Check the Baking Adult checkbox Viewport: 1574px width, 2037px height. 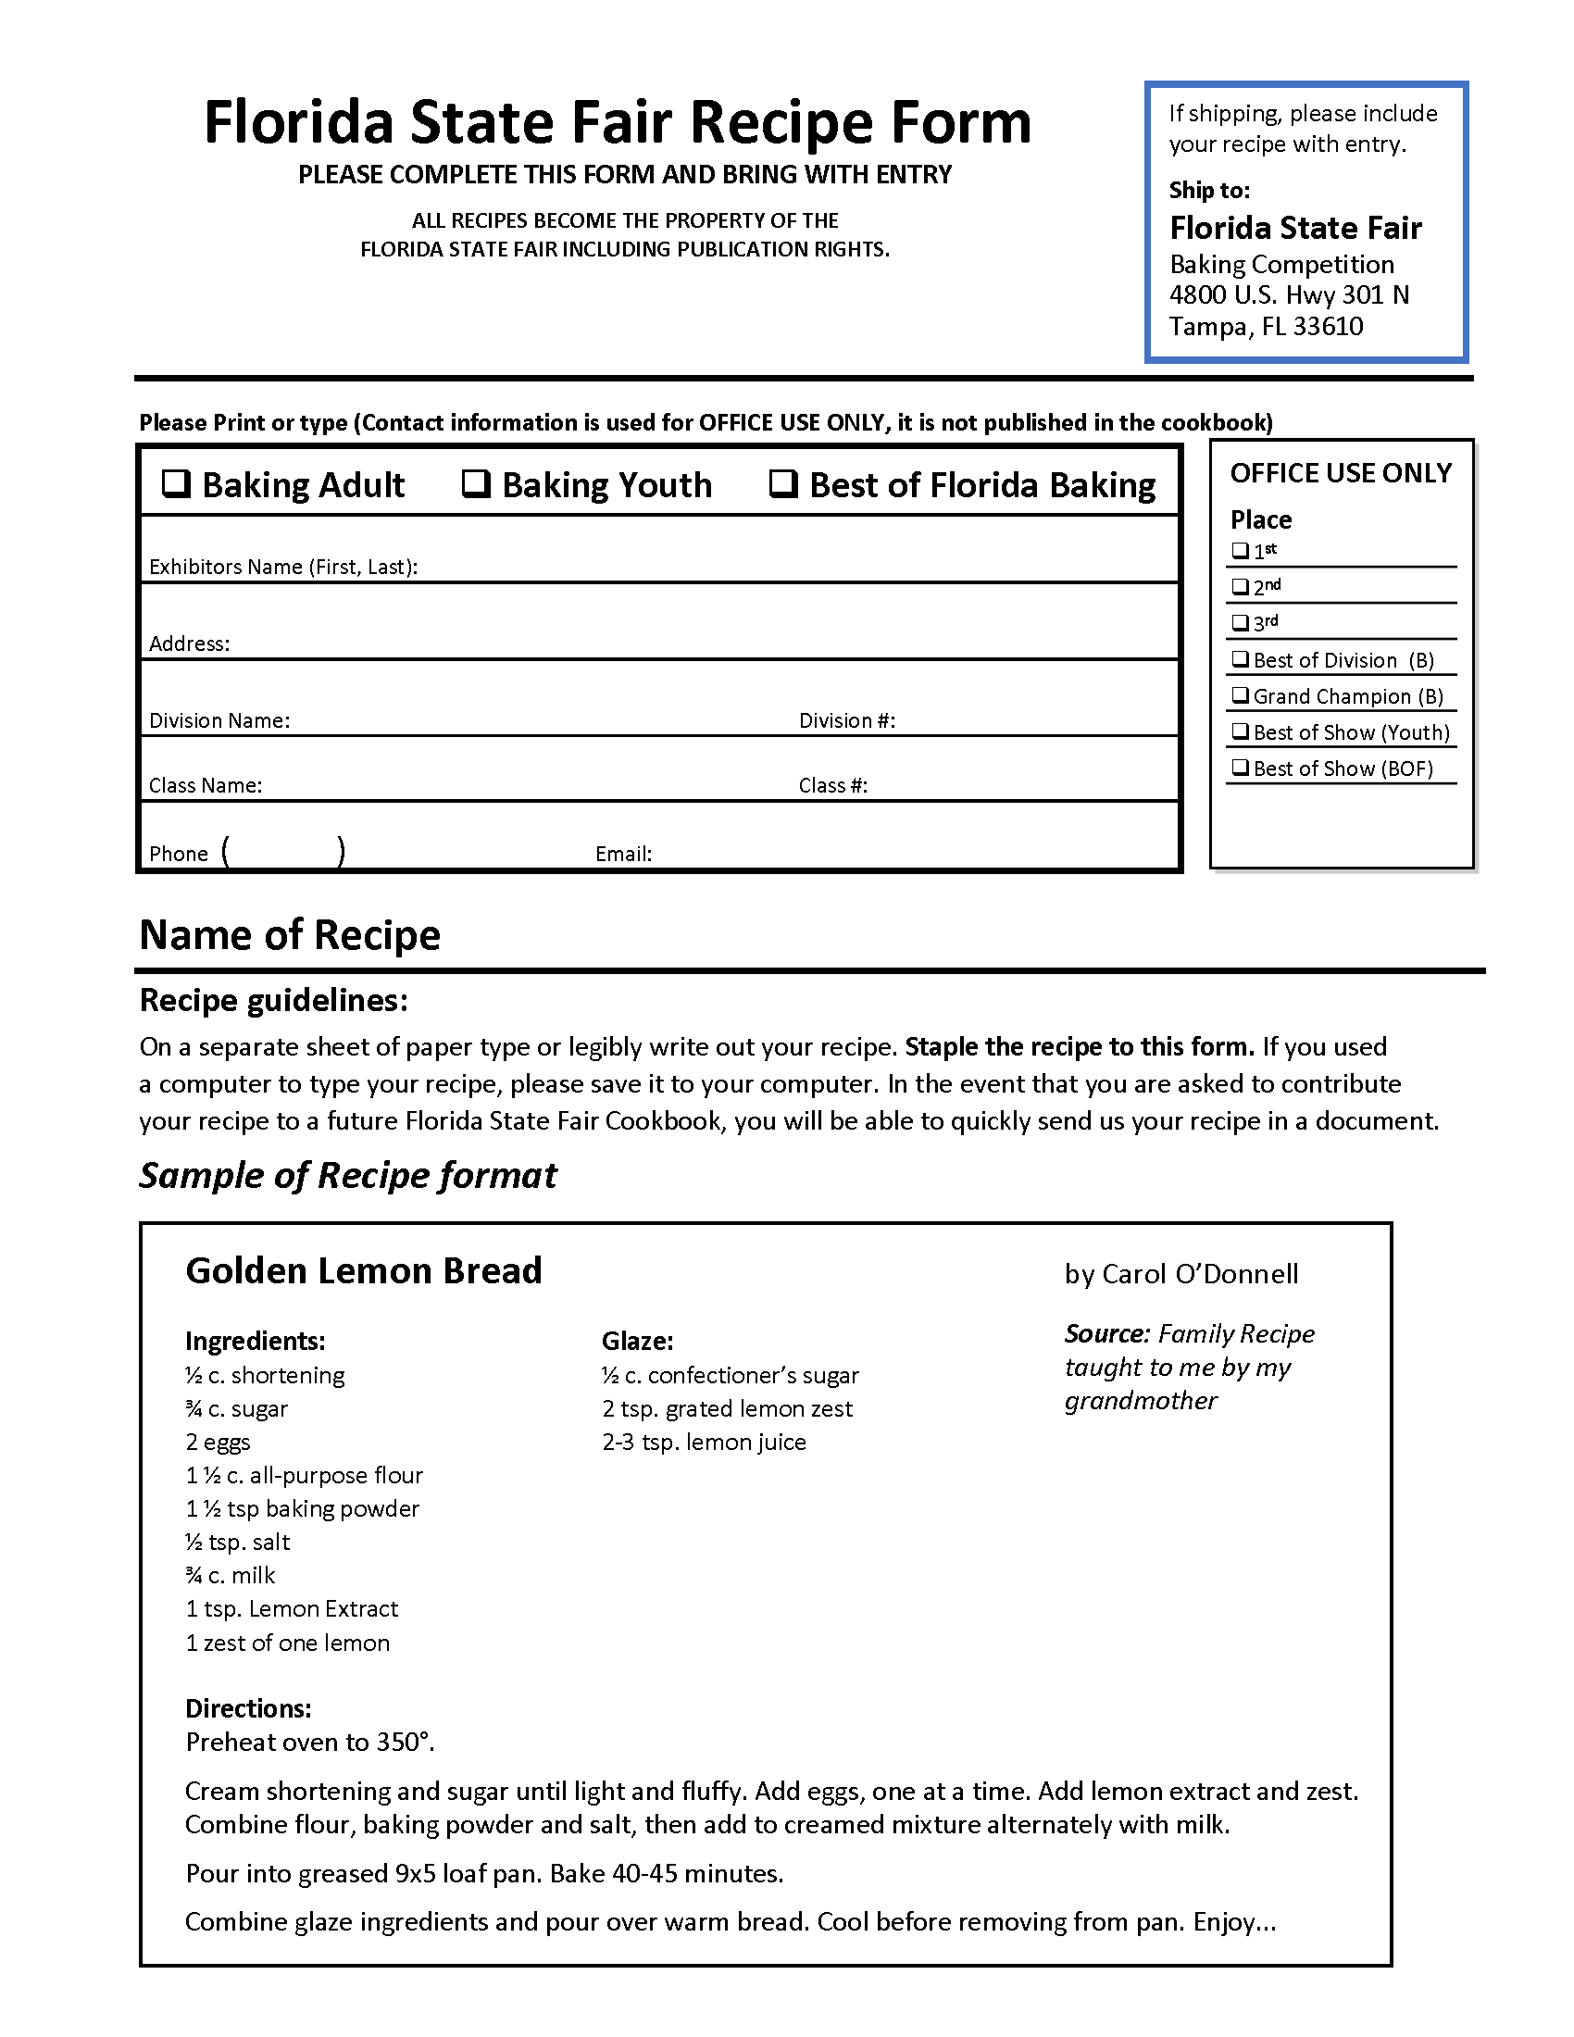coord(176,483)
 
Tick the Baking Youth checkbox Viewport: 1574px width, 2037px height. coord(477,483)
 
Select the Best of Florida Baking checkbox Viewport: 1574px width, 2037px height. coord(783,483)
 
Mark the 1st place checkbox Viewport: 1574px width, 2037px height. coord(1240,550)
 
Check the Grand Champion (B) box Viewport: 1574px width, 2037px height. coord(1240,694)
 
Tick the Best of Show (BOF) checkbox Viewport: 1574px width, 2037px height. coord(1240,768)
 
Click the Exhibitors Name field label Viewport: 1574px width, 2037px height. coord(282,567)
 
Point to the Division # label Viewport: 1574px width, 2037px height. coord(846,720)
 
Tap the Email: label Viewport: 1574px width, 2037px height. coord(623,854)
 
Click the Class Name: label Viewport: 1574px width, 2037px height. coord(206,785)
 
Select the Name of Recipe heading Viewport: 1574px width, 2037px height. coord(289,934)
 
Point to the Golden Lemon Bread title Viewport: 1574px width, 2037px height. coord(364,1270)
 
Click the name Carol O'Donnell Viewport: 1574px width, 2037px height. coord(1199,1274)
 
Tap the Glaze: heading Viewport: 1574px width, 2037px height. coord(637,1341)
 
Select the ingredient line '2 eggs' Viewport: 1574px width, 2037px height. coord(219,1442)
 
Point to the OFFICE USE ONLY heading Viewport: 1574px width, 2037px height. coord(1340,473)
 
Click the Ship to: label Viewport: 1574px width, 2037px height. coord(1209,190)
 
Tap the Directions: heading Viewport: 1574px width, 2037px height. coord(248,1707)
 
